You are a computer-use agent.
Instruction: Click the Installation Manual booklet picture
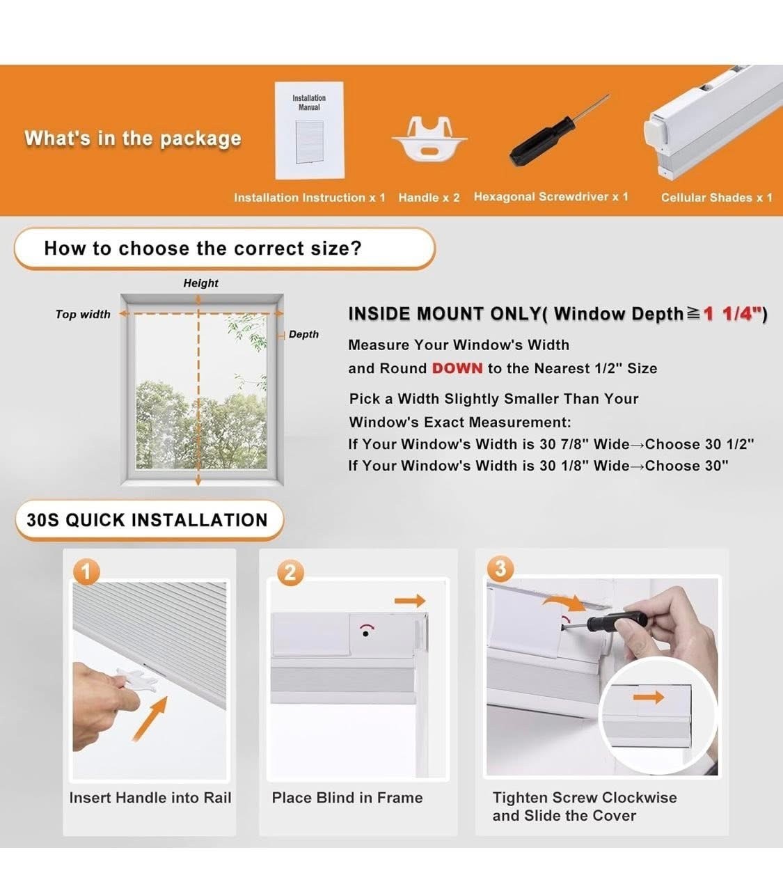click(310, 130)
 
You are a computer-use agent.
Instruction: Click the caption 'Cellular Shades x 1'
click(716, 198)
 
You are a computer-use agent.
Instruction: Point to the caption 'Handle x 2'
click(429, 198)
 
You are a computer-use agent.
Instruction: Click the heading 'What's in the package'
click(133, 139)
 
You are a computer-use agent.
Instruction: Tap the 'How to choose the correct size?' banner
click(225, 249)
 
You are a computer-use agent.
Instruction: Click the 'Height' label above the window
click(200, 283)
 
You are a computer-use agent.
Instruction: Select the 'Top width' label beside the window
click(83, 315)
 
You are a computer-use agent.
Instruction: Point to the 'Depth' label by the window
click(303, 334)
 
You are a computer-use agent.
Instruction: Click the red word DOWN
click(457, 368)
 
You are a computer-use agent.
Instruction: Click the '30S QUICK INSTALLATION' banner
click(149, 520)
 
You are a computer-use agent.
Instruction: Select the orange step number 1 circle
click(86, 572)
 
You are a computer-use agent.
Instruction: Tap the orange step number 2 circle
click(290, 572)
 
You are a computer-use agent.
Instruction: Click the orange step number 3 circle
click(500, 569)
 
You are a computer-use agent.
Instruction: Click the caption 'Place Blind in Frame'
click(347, 798)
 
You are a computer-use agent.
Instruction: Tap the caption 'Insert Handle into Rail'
click(150, 798)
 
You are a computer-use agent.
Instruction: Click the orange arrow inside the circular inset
click(649, 698)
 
